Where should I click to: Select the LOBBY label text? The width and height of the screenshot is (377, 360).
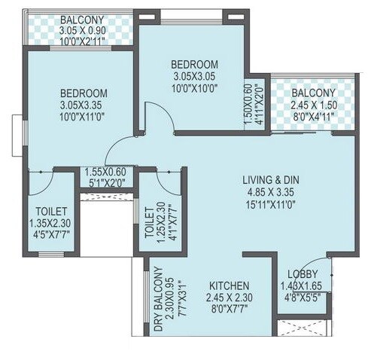click(x=303, y=274)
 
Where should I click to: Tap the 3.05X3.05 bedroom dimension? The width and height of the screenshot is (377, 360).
click(x=193, y=76)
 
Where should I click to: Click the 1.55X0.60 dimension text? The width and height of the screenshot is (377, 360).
click(x=105, y=171)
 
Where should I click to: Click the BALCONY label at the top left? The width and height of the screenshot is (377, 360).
click(x=83, y=20)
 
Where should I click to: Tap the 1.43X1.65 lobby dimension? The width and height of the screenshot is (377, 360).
click(x=303, y=286)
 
